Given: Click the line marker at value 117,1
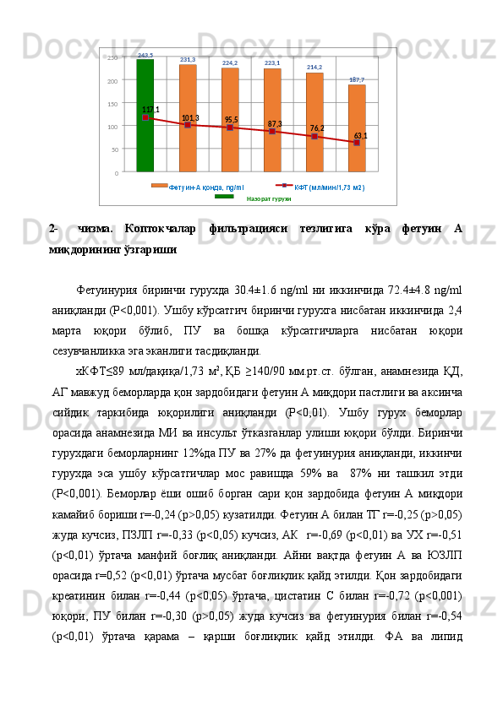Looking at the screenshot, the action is (x=145, y=118).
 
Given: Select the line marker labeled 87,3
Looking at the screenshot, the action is (x=272, y=132).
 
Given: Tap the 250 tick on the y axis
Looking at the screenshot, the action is (x=112, y=58).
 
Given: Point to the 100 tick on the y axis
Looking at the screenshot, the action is (x=112, y=127).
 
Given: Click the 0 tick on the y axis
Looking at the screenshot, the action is (x=116, y=172).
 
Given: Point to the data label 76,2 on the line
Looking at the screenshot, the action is (x=317, y=128).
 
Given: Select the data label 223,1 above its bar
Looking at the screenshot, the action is (x=272, y=63).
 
